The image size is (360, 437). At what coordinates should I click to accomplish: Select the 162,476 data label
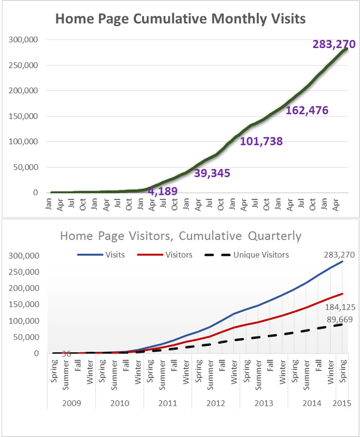point(307,111)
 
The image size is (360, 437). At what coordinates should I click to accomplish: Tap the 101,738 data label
point(261,141)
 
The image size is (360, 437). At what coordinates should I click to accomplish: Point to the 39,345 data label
point(212,173)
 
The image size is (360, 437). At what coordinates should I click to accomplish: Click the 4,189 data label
point(163,192)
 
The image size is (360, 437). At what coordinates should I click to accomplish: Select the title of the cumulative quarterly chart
point(180,236)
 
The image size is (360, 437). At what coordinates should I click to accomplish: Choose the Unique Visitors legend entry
point(261,255)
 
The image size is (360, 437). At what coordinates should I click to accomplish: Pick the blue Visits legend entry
point(114,255)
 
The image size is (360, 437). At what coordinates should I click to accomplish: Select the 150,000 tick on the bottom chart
point(23,305)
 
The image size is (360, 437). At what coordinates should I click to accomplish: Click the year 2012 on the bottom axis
point(216,403)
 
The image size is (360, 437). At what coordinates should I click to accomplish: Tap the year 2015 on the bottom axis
point(342,403)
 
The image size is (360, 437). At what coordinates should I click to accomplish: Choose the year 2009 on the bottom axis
point(71,403)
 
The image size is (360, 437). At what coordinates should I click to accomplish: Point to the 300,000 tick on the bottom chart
point(23,256)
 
